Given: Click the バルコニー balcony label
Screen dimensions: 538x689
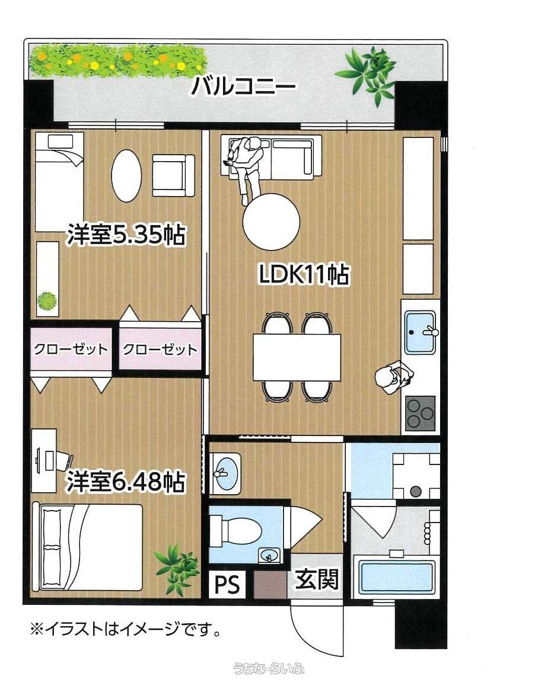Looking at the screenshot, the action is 243,85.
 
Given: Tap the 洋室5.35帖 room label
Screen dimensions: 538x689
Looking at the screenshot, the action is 126,235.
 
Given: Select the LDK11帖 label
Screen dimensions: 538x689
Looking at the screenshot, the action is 304,275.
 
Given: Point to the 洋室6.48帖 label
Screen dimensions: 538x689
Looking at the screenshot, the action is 126,482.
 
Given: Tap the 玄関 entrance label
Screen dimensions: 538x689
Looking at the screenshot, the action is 317,579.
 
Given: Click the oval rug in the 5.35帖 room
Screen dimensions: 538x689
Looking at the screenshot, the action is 127,176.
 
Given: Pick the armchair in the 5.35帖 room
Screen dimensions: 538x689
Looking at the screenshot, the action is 173,175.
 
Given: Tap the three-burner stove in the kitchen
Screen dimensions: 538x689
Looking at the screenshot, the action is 420,412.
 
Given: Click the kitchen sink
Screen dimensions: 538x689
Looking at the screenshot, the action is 420,332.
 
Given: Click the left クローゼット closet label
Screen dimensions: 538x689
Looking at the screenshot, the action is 71,350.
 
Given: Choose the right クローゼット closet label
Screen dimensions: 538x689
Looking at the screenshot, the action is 160,350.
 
